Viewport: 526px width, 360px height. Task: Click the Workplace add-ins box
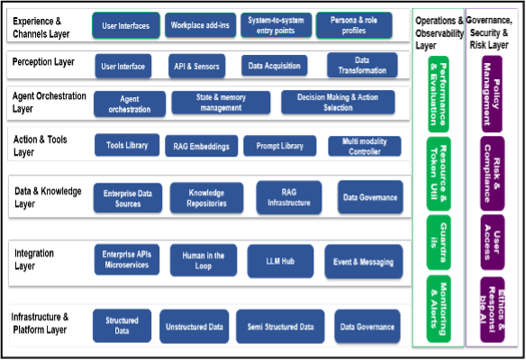(x=200, y=25)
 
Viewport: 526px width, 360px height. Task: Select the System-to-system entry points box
(x=276, y=25)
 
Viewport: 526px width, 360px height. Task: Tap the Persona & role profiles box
(x=354, y=25)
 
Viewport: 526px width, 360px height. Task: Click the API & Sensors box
(x=196, y=66)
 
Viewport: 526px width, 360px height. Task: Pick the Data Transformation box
(x=362, y=65)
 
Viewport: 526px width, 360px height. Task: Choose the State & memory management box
(x=221, y=103)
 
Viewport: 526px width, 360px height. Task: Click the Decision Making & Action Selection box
(x=338, y=102)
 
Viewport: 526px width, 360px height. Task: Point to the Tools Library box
(x=127, y=145)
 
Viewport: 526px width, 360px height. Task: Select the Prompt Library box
(x=280, y=146)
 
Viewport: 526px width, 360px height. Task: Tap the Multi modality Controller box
(x=365, y=146)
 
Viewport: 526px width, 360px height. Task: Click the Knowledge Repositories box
(x=206, y=198)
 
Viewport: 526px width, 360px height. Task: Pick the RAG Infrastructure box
(x=289, y=197)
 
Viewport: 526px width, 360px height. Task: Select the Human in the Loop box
(x=204, y=260)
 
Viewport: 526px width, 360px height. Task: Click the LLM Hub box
(x=280, y=261)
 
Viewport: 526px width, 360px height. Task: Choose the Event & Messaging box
(x=364, y=262)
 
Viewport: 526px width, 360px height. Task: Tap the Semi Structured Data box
(x=280, y=327)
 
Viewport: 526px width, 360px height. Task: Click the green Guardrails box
(x=439, y=242)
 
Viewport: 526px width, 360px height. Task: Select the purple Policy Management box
(x=492, y=94)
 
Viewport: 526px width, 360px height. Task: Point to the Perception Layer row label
(x=43, y=62)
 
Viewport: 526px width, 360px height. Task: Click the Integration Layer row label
(x=34, y=259)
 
